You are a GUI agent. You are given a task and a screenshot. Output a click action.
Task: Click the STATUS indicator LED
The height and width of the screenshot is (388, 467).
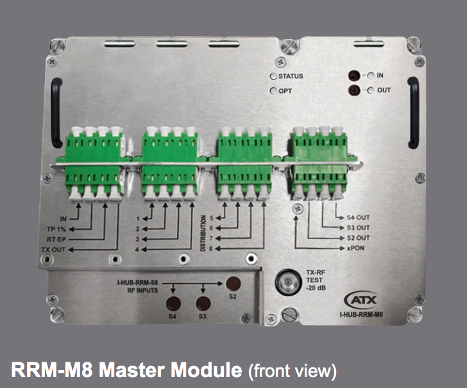pyautogui.click(x=273, y=77)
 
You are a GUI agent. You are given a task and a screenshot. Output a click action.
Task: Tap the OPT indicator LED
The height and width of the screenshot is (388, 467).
pyautogui.click(x=273, y=91)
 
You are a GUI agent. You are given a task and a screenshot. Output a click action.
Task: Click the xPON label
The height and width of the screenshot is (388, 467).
pyautogui.click(x=357, y=248)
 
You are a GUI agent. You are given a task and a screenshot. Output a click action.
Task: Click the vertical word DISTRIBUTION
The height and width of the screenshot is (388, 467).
pyautogui.click(x=203, y=231)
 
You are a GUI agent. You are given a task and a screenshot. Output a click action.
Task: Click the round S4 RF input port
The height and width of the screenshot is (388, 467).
pyautogui.click(x=174, y=304)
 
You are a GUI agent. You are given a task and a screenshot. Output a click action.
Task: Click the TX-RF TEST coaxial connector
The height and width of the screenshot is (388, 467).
pyautogui.click(x=286, y=282)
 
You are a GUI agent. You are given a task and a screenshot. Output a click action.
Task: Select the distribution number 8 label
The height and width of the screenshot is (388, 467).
pyautogui.click(x=210, y=248)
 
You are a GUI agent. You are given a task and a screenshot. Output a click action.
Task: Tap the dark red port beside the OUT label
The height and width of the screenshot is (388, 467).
pyautogui.click(x=353, y=90)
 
